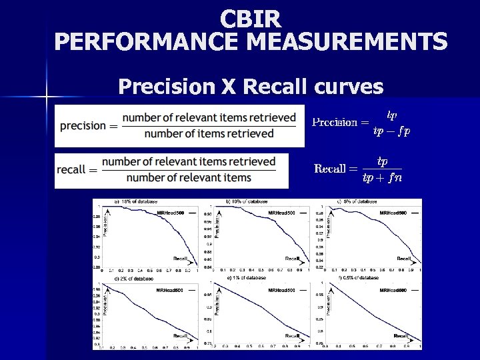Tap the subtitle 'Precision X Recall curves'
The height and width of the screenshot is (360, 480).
point(250,87)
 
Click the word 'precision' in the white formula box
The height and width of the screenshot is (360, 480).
point(83,125)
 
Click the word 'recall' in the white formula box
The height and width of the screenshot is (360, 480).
point(71,169)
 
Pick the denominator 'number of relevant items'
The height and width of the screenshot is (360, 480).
point(189,177)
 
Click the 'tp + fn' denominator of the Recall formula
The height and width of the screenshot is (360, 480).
point(382,177)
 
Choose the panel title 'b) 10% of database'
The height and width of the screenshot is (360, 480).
point(247,201)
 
